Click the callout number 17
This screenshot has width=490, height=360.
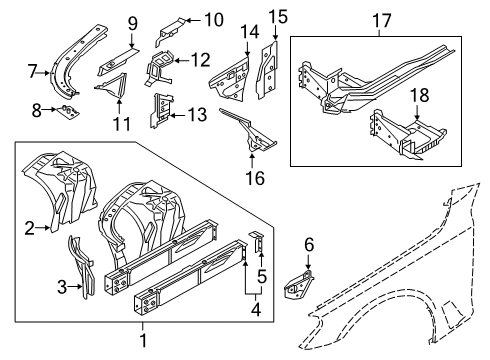(381, 21)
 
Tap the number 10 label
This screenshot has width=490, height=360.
(214, 20)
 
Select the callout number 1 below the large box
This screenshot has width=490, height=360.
(143, 340)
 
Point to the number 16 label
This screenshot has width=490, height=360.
(255, 178)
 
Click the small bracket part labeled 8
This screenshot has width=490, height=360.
(68, 111)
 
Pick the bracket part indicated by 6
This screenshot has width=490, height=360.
(298, 285)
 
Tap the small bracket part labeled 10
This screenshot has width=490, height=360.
(170, 32)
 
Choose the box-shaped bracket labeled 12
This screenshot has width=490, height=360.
(159, 68)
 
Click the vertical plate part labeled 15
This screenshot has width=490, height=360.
(268, 69)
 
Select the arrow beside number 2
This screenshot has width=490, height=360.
(42, 228)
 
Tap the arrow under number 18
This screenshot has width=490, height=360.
(417, 112)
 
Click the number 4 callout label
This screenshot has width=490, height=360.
(256, 310)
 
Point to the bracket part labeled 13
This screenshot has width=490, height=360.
(161, 111)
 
